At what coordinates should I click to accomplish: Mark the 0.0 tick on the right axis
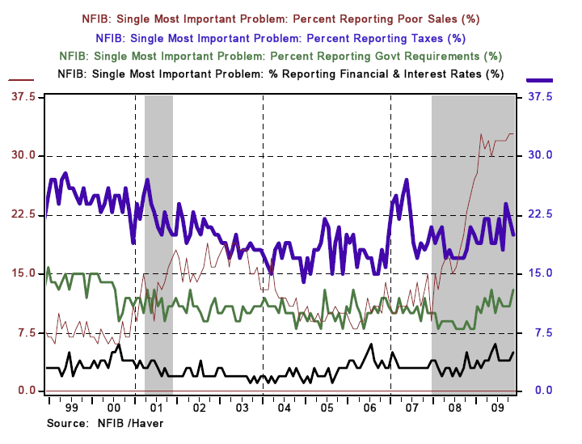(540, 391)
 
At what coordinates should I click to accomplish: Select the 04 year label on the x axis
(284, 409)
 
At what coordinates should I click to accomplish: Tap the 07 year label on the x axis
(412, 409)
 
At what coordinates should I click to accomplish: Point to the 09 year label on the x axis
(497, 409)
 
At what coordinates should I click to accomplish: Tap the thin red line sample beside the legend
(21, 80)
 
